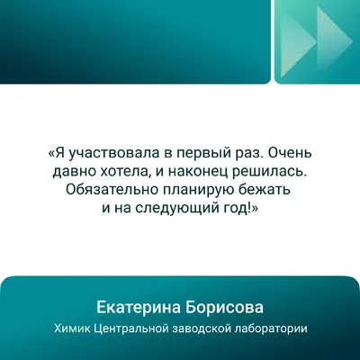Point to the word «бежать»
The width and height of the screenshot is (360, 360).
tap(264, 189)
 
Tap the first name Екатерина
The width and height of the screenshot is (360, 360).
tap(139, 308)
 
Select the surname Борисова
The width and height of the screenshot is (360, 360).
tap(224, 308)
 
